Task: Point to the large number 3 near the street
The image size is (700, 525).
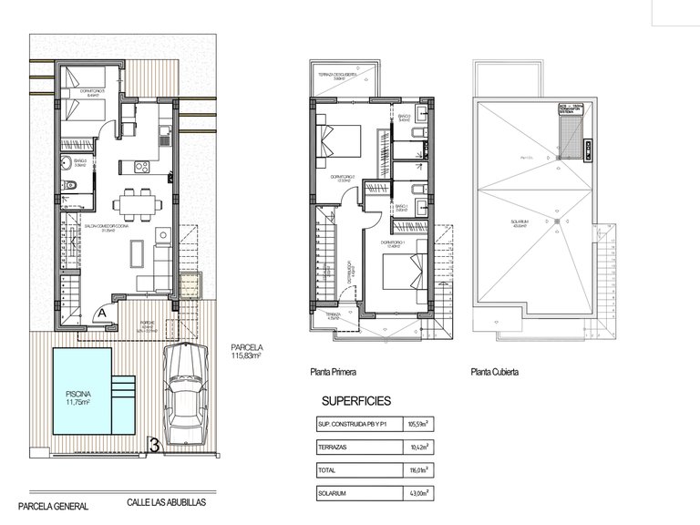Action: (155, 446)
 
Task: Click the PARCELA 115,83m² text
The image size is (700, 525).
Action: (247, 352)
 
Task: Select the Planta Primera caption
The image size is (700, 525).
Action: (332, 372)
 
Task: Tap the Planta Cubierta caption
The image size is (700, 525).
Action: (497, 372)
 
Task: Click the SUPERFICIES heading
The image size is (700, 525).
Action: (356, 400)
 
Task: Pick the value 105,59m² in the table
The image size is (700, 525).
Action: (419, 424)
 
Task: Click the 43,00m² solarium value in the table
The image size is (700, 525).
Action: (419, 494)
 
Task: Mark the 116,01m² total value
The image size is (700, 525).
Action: (419, 470)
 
